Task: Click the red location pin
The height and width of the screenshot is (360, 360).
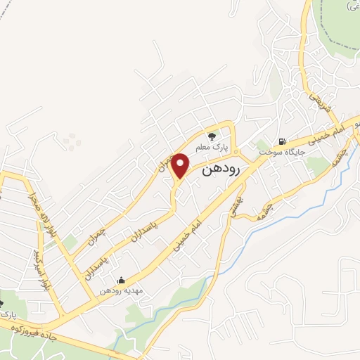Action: pyautogui.click(x=181, y=165)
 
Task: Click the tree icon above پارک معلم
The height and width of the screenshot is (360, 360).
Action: pyautogui.click(x=212, y=136)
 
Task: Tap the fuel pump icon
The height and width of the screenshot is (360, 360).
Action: pyautogui.click(x=282, y=141)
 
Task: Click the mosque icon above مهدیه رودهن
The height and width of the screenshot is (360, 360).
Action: pyautogui.click(x=121, y=280)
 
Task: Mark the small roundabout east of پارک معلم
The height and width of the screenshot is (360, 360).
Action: pyautogui.click(x=236, y=150)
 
